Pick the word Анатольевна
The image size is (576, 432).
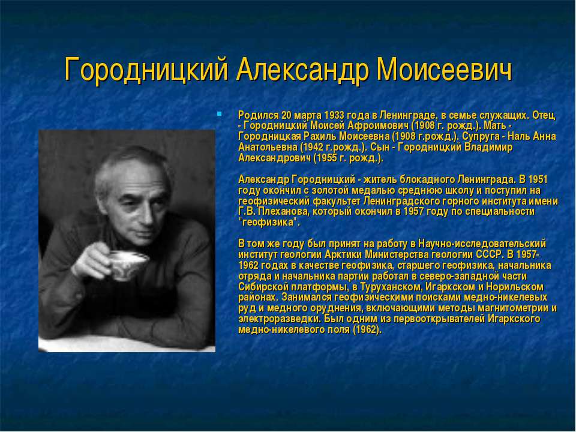[268, 147]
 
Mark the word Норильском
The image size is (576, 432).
[515, 286]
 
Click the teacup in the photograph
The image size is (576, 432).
[128, 262]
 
